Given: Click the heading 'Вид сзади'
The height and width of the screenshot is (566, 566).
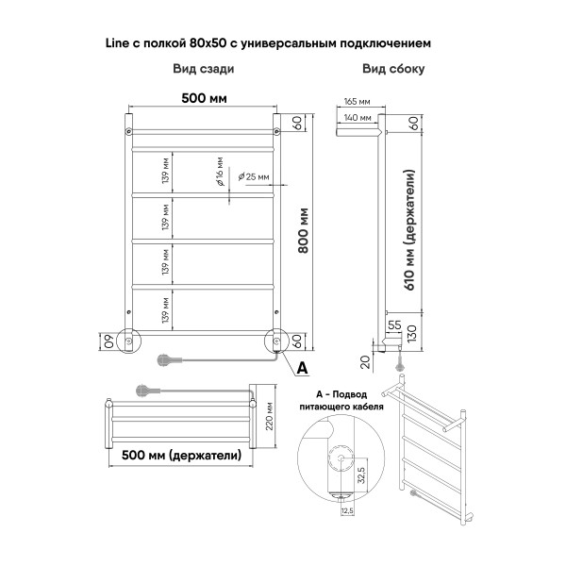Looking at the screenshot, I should pyautogui.click(x=203, y=69).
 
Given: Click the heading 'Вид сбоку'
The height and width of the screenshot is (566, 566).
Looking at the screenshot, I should pyautogui.click(x=392, y=69).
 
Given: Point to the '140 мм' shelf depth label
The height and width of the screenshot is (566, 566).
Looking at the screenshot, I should pyautogui.click(x=358, y=118).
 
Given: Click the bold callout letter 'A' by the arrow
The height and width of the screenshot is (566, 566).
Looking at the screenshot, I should pyautogui.click(x=302, y=366).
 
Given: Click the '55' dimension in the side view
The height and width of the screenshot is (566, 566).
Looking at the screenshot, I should pyautogui.click(x=395, y=324).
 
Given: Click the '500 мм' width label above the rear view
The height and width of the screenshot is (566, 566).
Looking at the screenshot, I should pyautogui.click(x=203, y=98).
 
